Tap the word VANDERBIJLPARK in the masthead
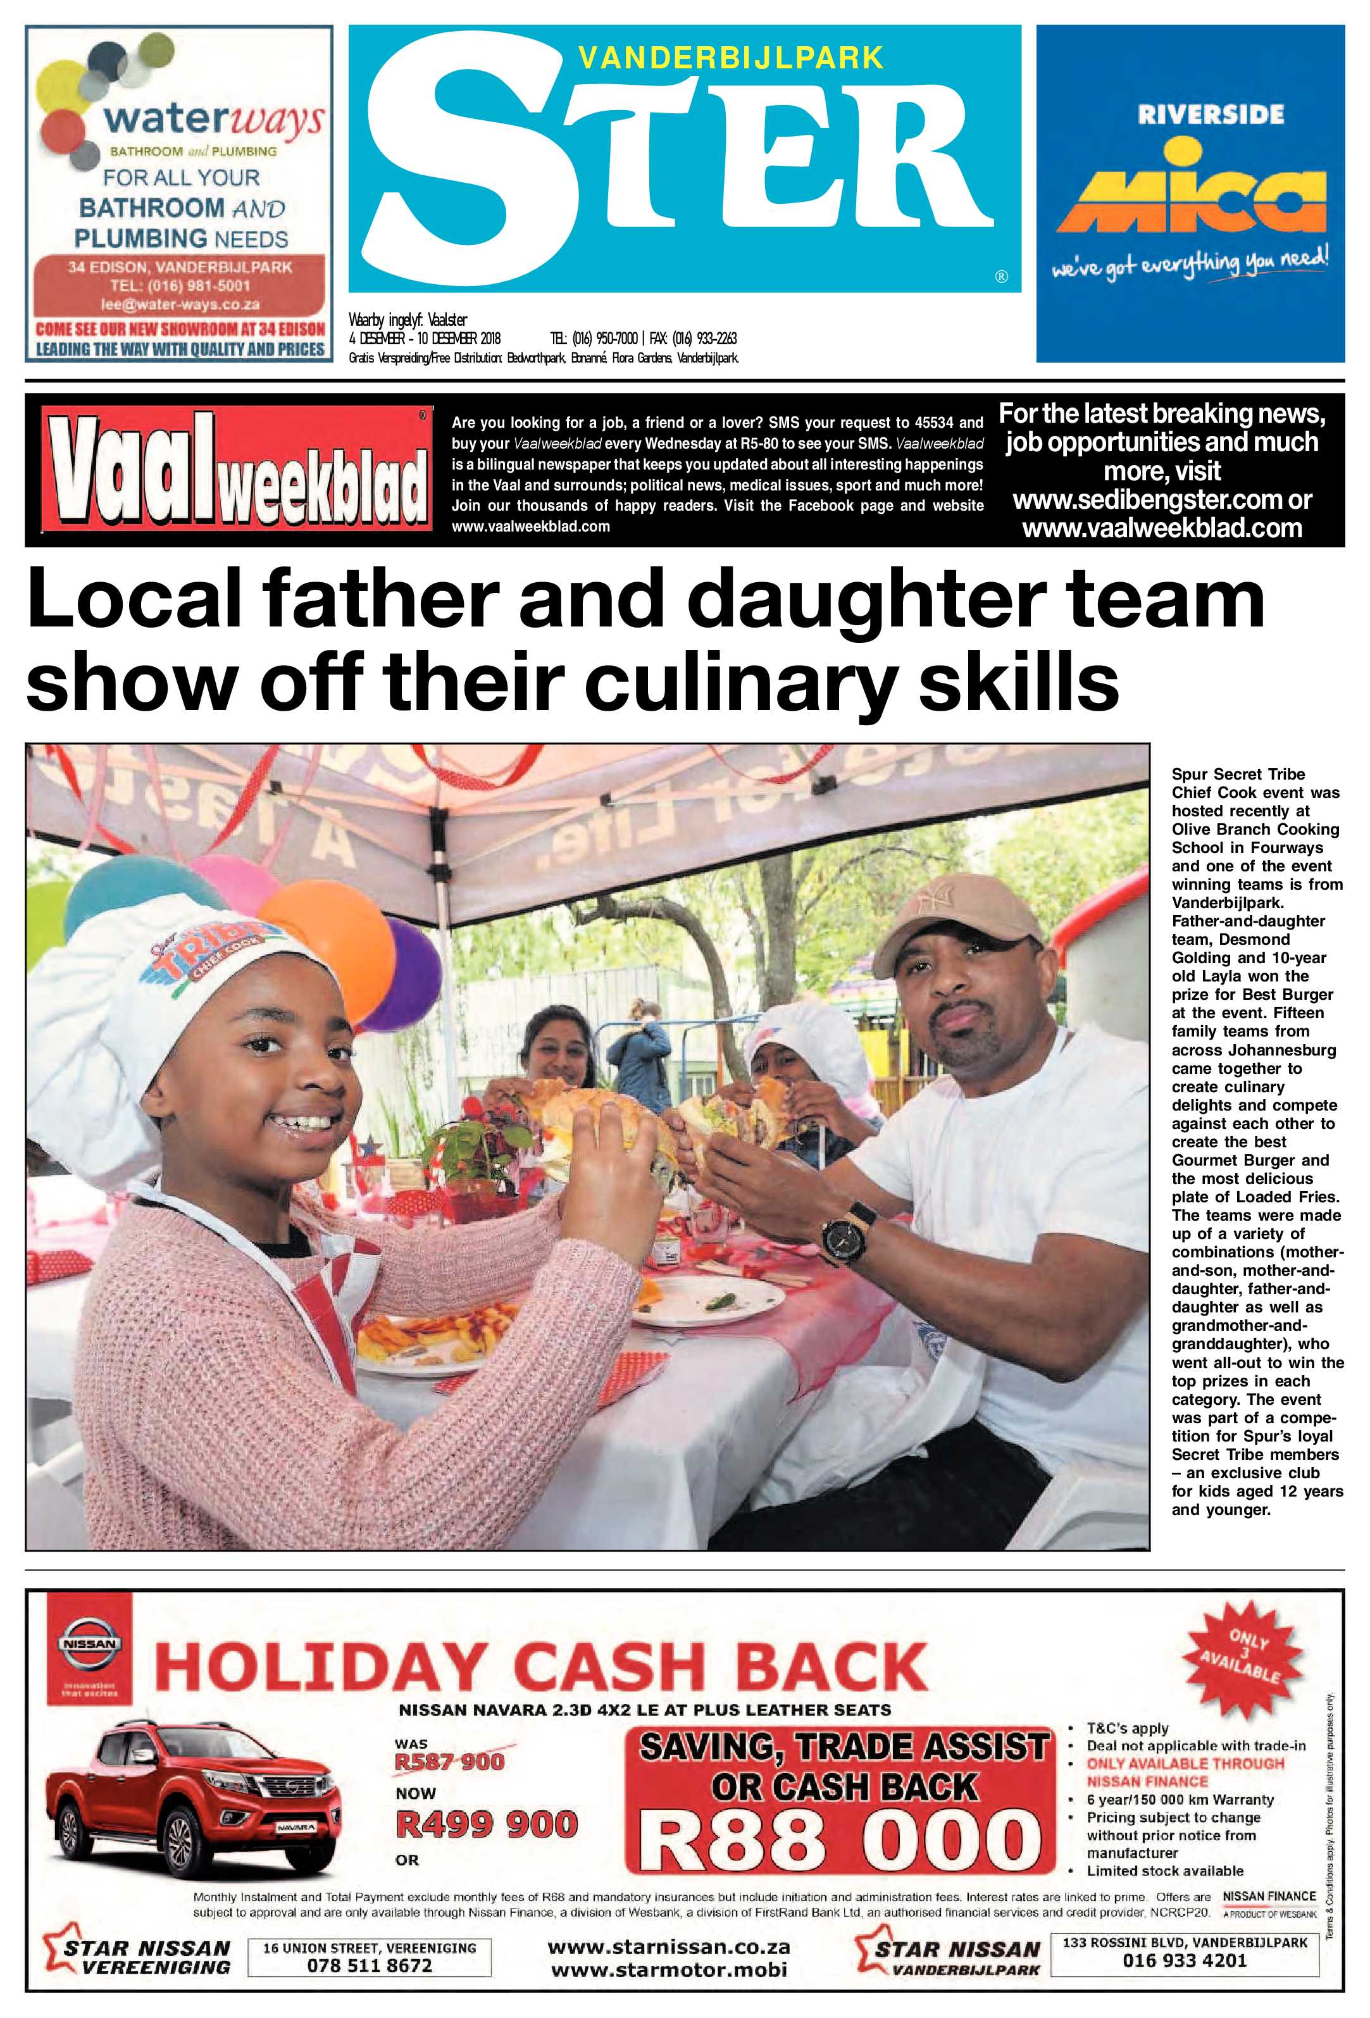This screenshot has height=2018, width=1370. pos(731,58)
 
